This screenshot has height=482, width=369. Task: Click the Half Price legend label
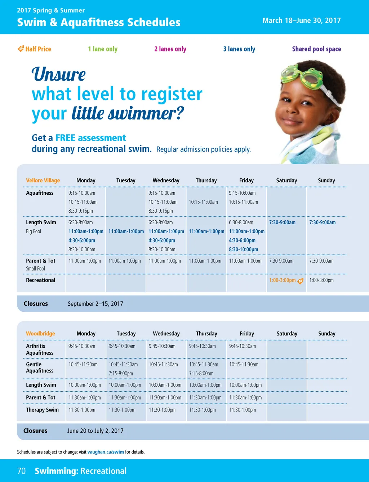34,49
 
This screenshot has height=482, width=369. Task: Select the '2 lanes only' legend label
170,49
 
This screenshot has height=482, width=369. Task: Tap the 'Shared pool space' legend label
316,49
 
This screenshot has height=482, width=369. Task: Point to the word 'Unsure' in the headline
58,74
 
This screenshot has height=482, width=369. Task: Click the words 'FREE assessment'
90,138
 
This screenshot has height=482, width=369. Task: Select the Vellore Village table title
43,180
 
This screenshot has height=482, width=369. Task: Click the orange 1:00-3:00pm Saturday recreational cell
283,280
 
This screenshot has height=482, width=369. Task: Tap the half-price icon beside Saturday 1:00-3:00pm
301,281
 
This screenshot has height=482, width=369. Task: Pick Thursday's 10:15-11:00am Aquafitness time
203,202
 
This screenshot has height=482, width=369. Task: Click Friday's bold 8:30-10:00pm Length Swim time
243,249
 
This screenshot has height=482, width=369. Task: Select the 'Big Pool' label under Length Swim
34,231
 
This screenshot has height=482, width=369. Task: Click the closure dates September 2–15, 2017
95,304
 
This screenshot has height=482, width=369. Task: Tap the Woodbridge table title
40,333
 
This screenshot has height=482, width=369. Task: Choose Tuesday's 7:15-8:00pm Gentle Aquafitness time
121,373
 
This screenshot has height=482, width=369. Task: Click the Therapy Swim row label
42,410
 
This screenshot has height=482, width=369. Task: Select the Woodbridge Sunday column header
327,333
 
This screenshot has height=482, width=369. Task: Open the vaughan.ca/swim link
106,452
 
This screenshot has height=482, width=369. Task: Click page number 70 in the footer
22,471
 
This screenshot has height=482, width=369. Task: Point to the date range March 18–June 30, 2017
302,21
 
